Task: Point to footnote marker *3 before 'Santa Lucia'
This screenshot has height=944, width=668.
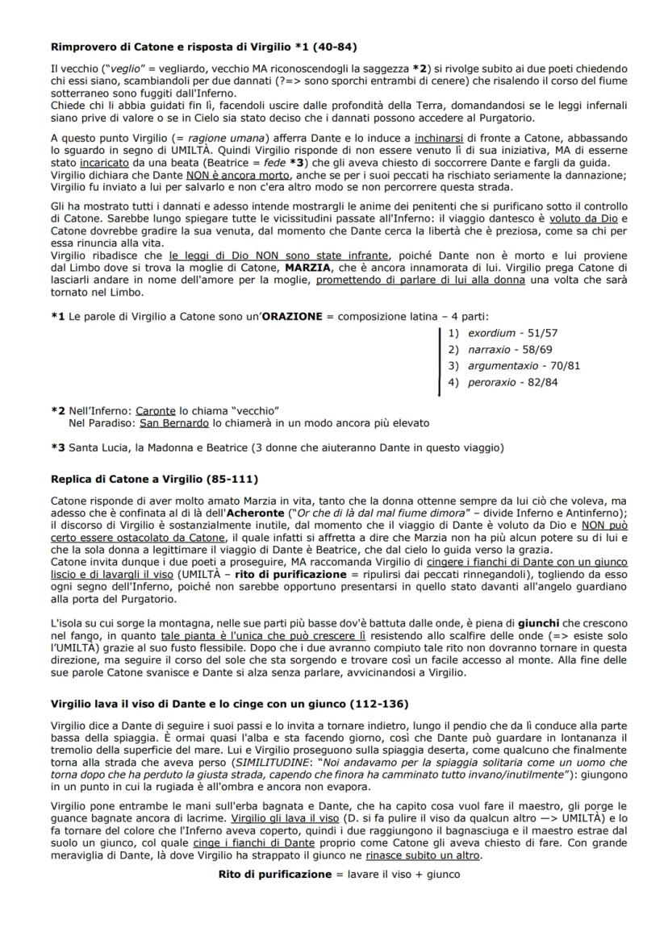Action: pyautogui.click(x=57, y=447)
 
